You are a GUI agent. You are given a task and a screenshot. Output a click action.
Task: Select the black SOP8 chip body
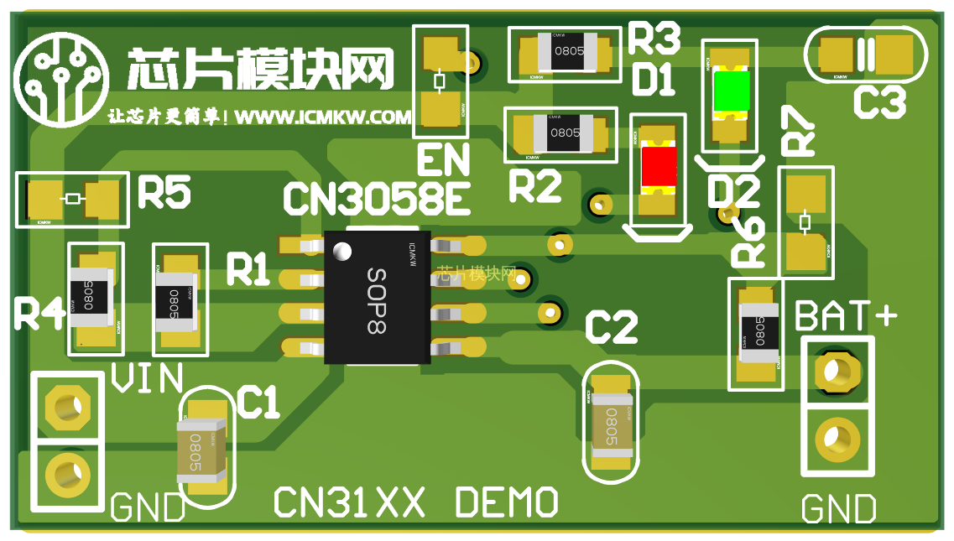tap(377, 297)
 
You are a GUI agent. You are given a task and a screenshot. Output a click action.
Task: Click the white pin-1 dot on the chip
tap(341, 251)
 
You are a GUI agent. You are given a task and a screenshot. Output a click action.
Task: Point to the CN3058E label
tap(376, 200)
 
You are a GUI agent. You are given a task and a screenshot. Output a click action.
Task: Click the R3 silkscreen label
tap(654, 38)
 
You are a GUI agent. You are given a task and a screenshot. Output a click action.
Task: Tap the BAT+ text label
tap(845, 317)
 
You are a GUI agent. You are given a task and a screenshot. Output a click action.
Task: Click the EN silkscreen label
tap(443, 160)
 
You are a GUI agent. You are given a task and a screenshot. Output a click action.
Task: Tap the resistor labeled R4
tap(91, 297)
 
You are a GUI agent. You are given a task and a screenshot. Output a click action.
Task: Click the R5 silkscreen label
tap(164, 193)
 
